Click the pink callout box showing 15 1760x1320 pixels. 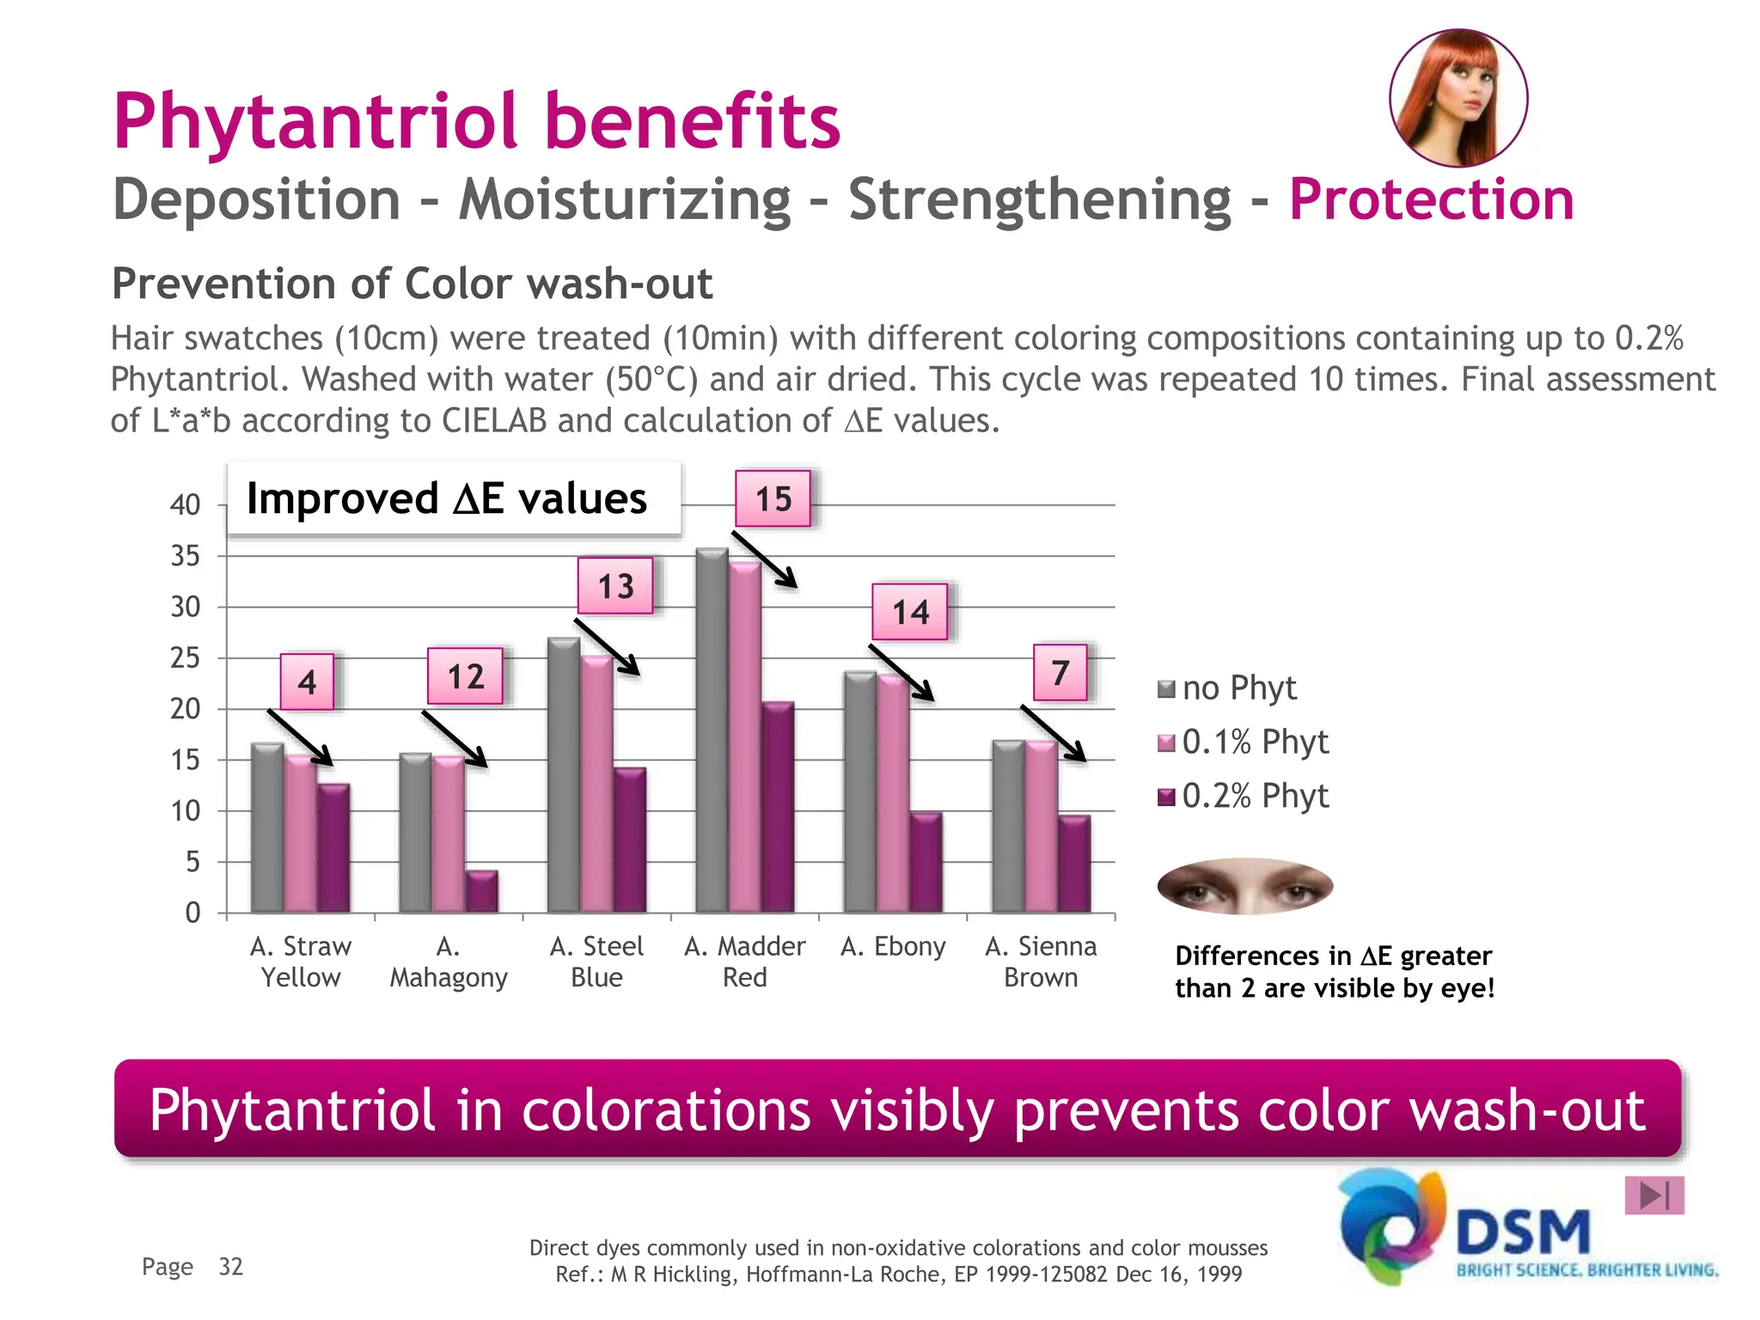pos(773,498)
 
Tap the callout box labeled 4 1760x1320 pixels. pos(307,682)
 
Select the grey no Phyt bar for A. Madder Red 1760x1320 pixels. pos(712,730)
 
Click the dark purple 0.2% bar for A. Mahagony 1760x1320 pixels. pos(481,891)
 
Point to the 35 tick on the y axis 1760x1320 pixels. pos(185,556)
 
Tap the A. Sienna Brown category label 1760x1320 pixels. pos(1041,962)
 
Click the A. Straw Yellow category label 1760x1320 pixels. pos(301,962)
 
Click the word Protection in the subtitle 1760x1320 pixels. pos(1431,199)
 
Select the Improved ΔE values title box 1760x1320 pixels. pos(454,498)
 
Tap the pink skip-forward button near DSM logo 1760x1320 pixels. pos(1653,1195)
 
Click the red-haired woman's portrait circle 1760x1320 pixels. pos(1458,98)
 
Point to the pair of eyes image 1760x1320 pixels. pos(1244,886)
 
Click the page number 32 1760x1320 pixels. pos(231,1267)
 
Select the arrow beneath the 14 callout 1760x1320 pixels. pos(901,673)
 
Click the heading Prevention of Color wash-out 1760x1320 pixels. pos(412,284)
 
